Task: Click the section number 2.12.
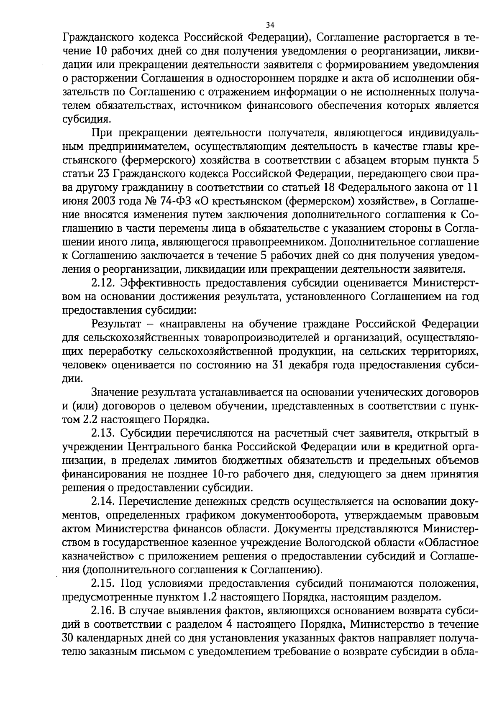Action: pyautogui.click(x=103, y=283)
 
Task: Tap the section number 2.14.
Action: pyautogui.click(x=103, y=501)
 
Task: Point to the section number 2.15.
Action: pyautogui.click(x=103, y=583)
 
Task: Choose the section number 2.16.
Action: pyautogui.click(x=103, y=610)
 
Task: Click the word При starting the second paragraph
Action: pyautogui.click(x=100, y=133)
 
